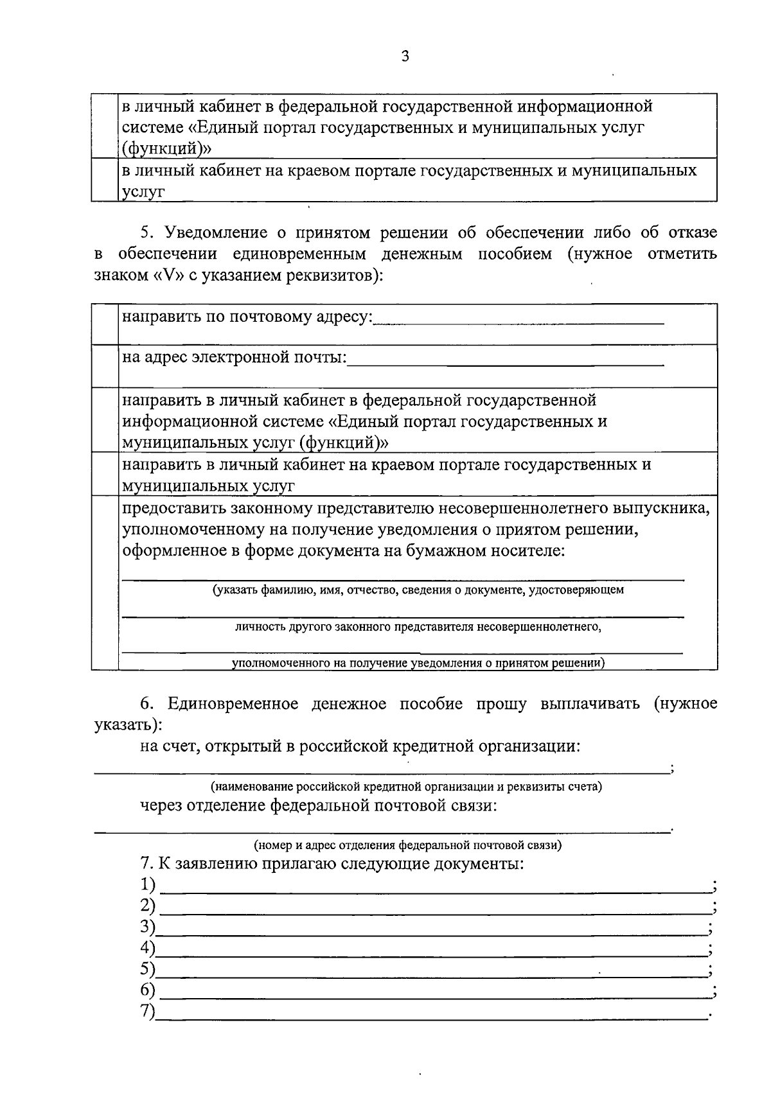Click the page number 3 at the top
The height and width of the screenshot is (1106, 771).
click(x=404, y=56)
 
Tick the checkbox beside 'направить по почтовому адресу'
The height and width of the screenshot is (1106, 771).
click(x=105, y=324)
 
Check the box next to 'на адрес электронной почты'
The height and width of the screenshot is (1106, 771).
click(x=105, y=365)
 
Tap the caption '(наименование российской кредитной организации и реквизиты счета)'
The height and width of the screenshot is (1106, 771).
click(x=407, y=786)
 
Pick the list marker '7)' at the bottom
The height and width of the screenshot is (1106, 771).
click(x=148, y=1011)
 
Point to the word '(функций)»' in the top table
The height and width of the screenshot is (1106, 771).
click(x=166, y=148)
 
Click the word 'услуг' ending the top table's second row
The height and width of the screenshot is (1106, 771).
click(x=143, y=191)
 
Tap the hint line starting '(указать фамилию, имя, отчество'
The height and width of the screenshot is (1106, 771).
click(x=418, y=590)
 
